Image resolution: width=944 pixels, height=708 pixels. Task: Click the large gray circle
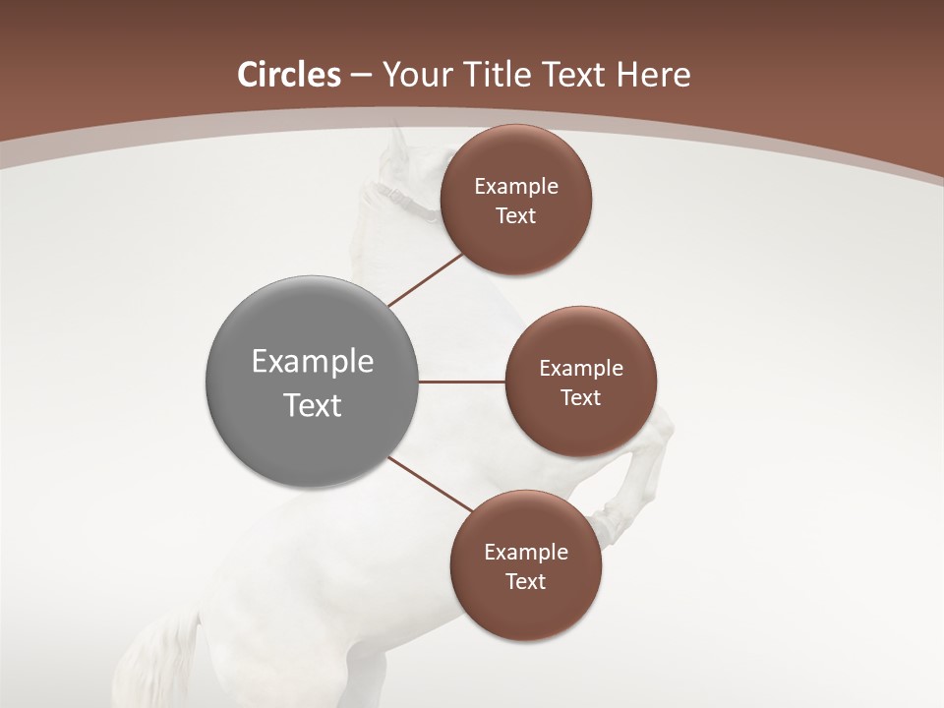pos(313,382)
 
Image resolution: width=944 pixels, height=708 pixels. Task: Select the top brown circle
pos(515,200)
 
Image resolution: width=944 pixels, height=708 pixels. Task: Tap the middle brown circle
pos(581,382)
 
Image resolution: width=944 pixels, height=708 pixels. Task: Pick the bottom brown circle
pos(526,565)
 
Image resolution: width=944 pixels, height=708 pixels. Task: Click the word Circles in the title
pos(289,75)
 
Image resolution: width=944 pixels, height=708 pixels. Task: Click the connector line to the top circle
pos(425,279)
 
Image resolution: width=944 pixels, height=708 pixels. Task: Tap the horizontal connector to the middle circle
pos(462,382)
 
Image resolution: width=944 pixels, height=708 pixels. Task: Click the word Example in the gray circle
pos(313,362)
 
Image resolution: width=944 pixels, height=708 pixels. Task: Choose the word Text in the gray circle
pos(313,405)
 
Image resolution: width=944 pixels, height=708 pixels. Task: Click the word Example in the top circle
pos(516,187)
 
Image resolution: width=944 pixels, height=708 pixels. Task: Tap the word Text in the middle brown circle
pos(581,398)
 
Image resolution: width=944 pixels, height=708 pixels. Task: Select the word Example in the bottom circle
pos(526,553)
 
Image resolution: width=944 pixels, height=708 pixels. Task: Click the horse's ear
pos(397,143)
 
